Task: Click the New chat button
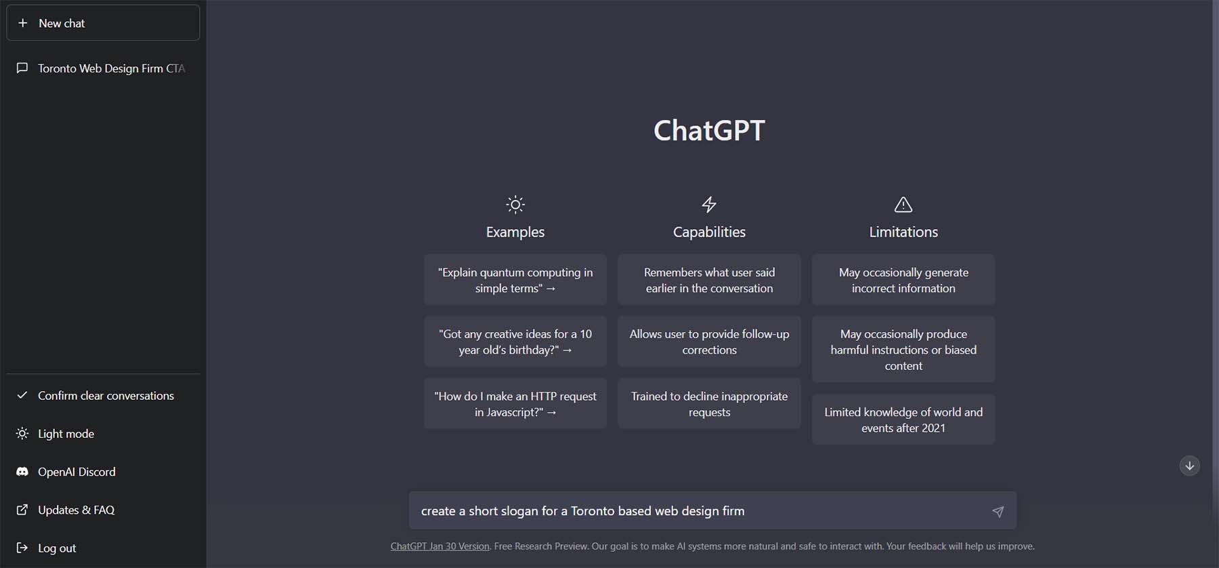[103, 23]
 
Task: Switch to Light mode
[65, 434]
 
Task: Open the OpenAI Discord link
[76, 472]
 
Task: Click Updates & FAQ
[75, 510]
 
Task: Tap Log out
[56, 548]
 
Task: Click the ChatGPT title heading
[709, 131]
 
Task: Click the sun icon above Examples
[515, 204]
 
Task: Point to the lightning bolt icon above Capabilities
[709, 204]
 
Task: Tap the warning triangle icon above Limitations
[903, 204]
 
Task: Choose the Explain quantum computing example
[515, 280]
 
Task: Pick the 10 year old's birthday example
[515, 342]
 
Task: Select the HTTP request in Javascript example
[515, 404]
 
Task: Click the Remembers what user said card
[709, 280]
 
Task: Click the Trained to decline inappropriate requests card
[709, 404]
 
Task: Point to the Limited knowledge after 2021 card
[903, 420]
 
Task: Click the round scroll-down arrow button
[1189, 466]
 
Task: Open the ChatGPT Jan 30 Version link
[440, 546]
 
